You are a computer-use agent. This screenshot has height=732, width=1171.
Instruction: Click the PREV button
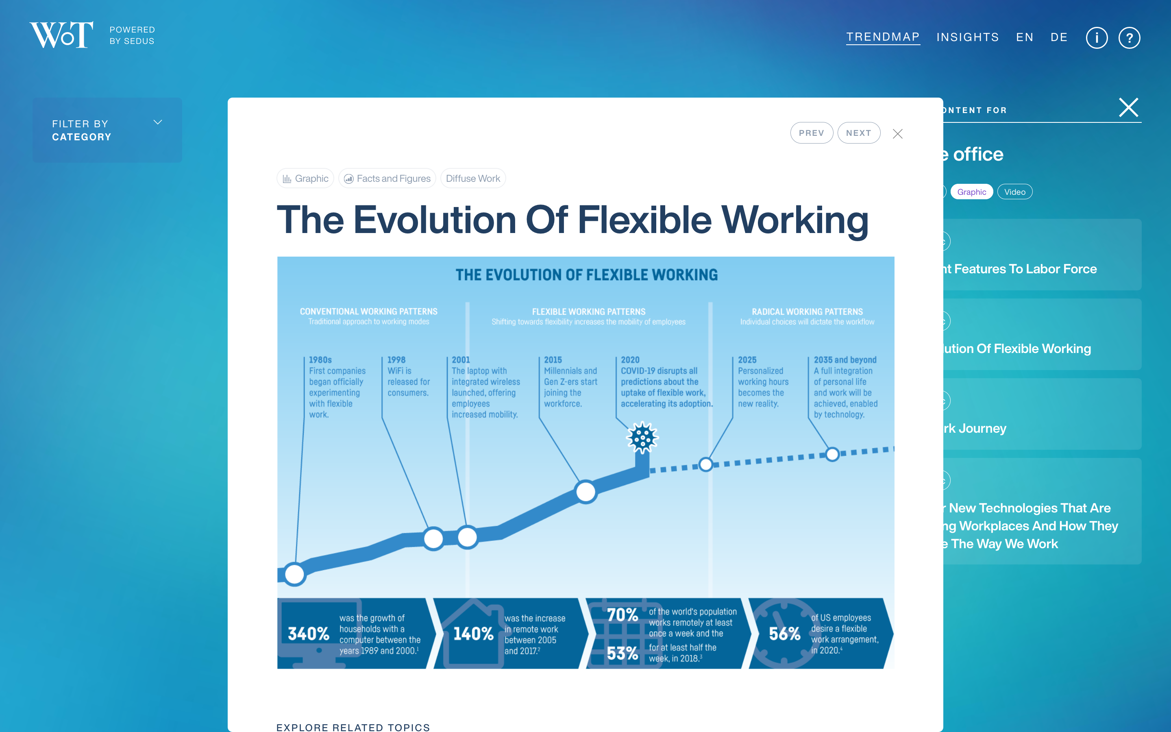pos(812,133)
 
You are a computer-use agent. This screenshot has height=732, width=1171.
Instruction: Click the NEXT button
pos(859,133)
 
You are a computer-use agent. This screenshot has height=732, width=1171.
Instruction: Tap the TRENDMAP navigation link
pos(883,37)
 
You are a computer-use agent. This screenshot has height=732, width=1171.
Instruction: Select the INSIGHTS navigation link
pos(968,37)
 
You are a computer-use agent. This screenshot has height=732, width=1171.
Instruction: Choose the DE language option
pos(1059,37)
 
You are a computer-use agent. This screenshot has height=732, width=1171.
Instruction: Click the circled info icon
pos(1097,38)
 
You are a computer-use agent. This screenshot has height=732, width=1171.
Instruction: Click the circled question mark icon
pos(1130,38)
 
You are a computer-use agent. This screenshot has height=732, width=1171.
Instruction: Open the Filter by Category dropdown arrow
pos(158,122)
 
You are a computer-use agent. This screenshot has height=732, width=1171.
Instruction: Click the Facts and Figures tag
pos(387,179)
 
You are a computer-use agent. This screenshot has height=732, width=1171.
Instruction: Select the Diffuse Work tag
pos(473,179)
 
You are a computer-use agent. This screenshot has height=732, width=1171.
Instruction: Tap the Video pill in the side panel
pos(1015,192)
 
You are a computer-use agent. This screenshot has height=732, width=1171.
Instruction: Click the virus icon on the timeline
pos(642,438)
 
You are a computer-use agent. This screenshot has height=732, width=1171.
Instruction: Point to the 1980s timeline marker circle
pos(294,575)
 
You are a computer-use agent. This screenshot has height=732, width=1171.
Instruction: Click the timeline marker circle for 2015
pos(585,492)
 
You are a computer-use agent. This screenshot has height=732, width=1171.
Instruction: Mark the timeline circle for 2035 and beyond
pos(832,455)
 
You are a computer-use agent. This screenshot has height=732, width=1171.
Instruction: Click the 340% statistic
pos(308,634)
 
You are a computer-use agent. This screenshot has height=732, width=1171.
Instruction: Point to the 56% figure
pos(784,634)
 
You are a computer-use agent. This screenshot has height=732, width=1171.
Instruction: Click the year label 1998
pos(396,360)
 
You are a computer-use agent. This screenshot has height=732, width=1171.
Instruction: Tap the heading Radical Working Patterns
pos(807,311)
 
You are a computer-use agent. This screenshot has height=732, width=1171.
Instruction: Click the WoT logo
pos(61,35)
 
